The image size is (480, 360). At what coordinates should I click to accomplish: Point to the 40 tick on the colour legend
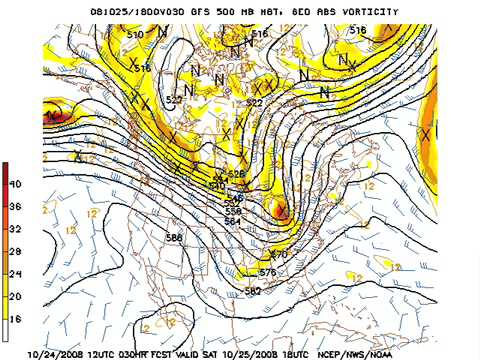pos(15,184)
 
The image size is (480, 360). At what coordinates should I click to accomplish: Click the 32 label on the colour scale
pos(15,229)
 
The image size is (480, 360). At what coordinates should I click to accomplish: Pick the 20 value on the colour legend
pos(15,296)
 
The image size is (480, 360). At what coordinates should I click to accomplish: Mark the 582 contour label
pos(253,291)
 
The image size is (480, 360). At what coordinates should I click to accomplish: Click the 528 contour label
pos(236,174)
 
